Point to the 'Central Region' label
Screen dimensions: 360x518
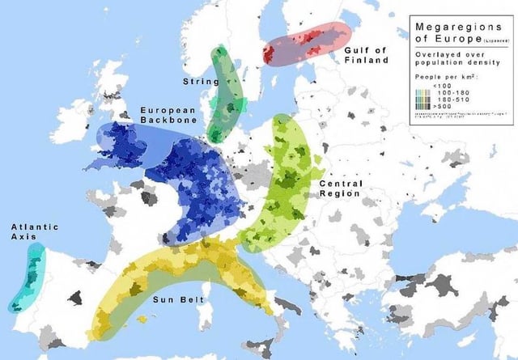pyautogui.click(x=341, y=188)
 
